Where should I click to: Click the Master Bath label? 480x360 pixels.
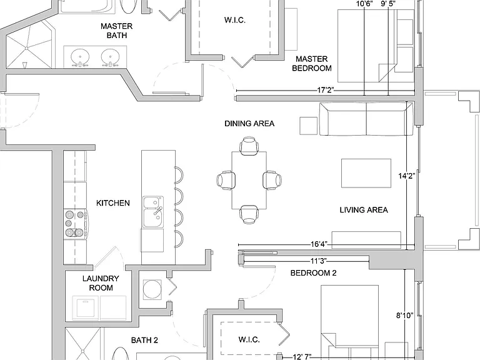(117, 31)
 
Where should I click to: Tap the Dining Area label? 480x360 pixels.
(249, 123)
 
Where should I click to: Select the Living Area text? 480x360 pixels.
(364, 210)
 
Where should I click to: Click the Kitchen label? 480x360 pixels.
(113, 203)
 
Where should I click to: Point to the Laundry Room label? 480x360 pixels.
(101, 283)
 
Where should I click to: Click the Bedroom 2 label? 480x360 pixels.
(314, 272)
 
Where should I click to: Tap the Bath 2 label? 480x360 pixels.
(144, 340)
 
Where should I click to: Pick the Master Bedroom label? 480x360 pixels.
(312, 63)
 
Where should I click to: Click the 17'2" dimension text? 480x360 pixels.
(326, 90)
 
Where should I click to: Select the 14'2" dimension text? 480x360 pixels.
(406, 176)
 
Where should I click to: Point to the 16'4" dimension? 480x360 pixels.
(319, 244)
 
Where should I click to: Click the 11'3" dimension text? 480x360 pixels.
(319, 261)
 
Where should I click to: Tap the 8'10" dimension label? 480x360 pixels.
(405, 315)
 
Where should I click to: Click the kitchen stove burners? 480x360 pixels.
(75, 224)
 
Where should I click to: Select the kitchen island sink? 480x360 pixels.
(153, 212)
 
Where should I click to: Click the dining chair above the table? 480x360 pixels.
(249, 146)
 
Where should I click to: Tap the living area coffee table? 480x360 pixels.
(366, 173)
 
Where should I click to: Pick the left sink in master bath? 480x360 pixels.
(80, 57)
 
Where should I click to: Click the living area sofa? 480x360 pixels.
(366, 119)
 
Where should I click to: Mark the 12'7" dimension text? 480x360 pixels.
(302, 357)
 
